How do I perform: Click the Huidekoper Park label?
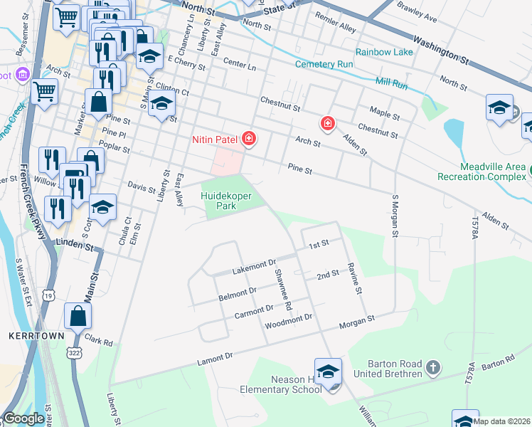[228, 199]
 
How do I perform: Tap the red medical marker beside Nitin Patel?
[249, 139]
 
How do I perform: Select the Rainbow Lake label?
[384, 52]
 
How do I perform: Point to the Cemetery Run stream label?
[326, 65]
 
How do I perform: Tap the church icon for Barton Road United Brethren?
[434, 368]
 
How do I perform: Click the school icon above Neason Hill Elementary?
[329, 372]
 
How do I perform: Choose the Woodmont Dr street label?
[289, 322]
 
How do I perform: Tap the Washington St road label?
[442, 51]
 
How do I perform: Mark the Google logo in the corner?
[24, 419]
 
